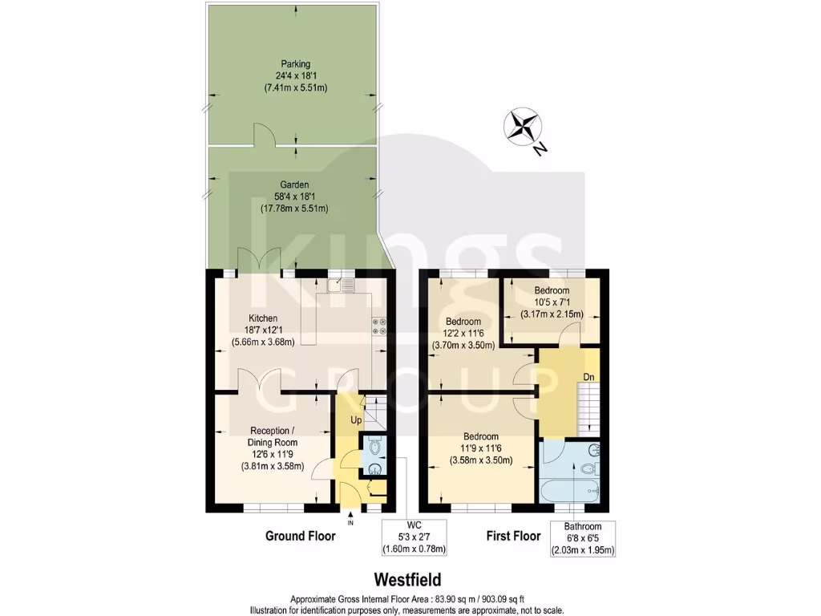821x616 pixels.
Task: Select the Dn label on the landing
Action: pyautogui.click(x=588, y=377)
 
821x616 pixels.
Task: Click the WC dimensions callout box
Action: pyautogui.click(x=415, y=537)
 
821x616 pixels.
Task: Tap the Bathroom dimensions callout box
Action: pyautogui.click(x=582, y=538)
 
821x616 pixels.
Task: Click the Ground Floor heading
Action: pyautogui.click(x=301, y=536)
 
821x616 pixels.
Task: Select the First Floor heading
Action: pyautogui.click(x=513, y=536)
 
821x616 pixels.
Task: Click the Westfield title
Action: pyautogui.click(x=406, y=578)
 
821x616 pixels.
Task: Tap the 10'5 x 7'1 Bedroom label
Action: pyautogui.click(x=552, y=302)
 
